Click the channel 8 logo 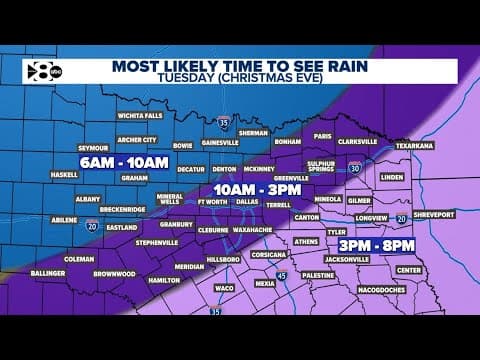click(x=45, y=71)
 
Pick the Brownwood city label click(x=114, y=273)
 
